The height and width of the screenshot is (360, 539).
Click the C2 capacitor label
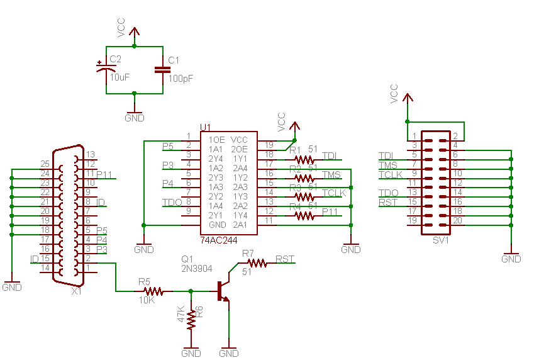[115, 59]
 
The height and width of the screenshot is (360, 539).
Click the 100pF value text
[181, 79]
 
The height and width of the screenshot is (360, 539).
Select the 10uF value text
[119, 77]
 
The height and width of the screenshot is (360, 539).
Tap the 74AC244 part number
[219, 240]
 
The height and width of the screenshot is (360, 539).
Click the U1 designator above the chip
[206, 128]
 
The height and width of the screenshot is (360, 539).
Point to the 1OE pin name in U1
[216, 139]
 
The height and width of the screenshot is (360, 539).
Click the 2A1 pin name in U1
[239, 225]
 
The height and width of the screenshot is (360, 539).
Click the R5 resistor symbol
[154, 291]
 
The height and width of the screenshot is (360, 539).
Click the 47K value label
[181, 315]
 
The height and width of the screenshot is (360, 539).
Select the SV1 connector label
[440, 240]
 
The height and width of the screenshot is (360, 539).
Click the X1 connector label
[76, 291]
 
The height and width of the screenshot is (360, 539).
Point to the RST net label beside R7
[285, 259]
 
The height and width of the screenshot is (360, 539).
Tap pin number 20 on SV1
[457, 220]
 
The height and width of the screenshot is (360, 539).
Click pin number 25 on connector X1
[45, 164]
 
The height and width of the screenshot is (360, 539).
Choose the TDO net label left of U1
[172, 202]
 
